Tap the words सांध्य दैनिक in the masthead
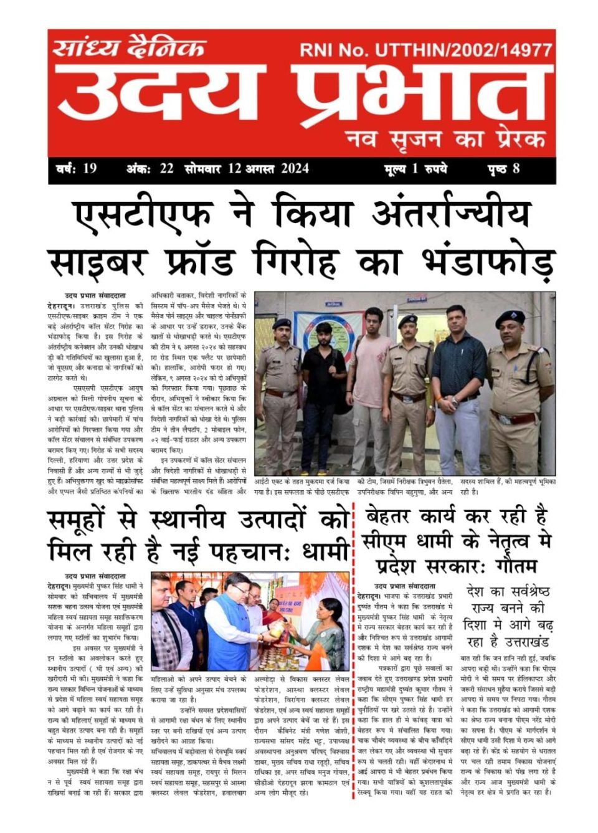click(129, 48)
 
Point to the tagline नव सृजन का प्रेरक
click(446, 138)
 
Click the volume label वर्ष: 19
click(75, 168)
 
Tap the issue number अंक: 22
click(149, 168)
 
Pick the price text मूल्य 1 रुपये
click(415, 168)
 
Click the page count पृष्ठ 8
click(503, 168)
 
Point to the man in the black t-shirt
click(323, 386)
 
